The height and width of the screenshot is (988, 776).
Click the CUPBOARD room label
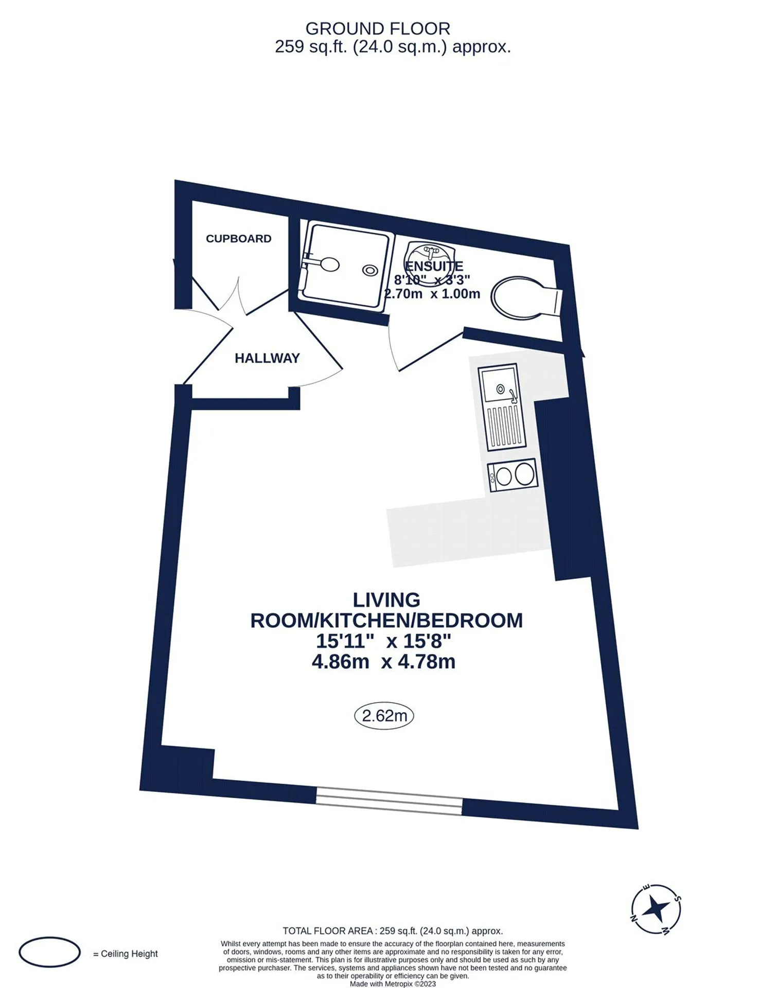238,239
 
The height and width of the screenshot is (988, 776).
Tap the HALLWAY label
267,358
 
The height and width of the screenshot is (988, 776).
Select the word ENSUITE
434,266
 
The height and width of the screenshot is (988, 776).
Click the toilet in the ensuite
525,297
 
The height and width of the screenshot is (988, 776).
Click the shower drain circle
371,270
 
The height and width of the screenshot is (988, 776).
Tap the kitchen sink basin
499,384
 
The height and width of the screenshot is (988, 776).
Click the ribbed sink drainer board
505,426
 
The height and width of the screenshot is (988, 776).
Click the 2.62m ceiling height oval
384,715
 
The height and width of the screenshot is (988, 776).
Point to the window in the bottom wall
389,801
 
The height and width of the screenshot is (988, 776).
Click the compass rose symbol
656,908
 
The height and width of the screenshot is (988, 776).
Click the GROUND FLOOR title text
378,28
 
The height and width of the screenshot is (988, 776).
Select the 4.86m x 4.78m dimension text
383,661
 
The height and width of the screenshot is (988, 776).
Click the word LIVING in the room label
386,600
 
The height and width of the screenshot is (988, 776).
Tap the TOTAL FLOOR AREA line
393,930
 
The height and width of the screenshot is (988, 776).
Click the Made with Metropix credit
393,983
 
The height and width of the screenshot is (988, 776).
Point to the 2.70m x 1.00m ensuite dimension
432,294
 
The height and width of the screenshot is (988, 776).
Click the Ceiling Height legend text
126,954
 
